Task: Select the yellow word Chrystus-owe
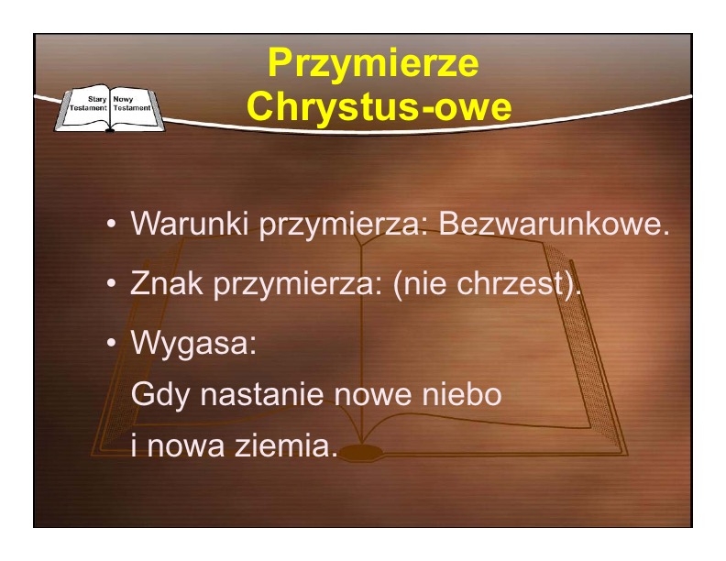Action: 379,105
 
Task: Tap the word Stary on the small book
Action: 97,99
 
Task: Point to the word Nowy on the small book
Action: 123,99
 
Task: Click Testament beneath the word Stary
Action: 88,108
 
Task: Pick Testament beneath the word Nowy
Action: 132,108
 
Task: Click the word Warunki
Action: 190,223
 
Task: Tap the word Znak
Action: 167,283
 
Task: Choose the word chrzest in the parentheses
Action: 510,283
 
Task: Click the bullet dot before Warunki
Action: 111,224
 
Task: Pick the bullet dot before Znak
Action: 111,283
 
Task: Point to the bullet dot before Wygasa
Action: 111,344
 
